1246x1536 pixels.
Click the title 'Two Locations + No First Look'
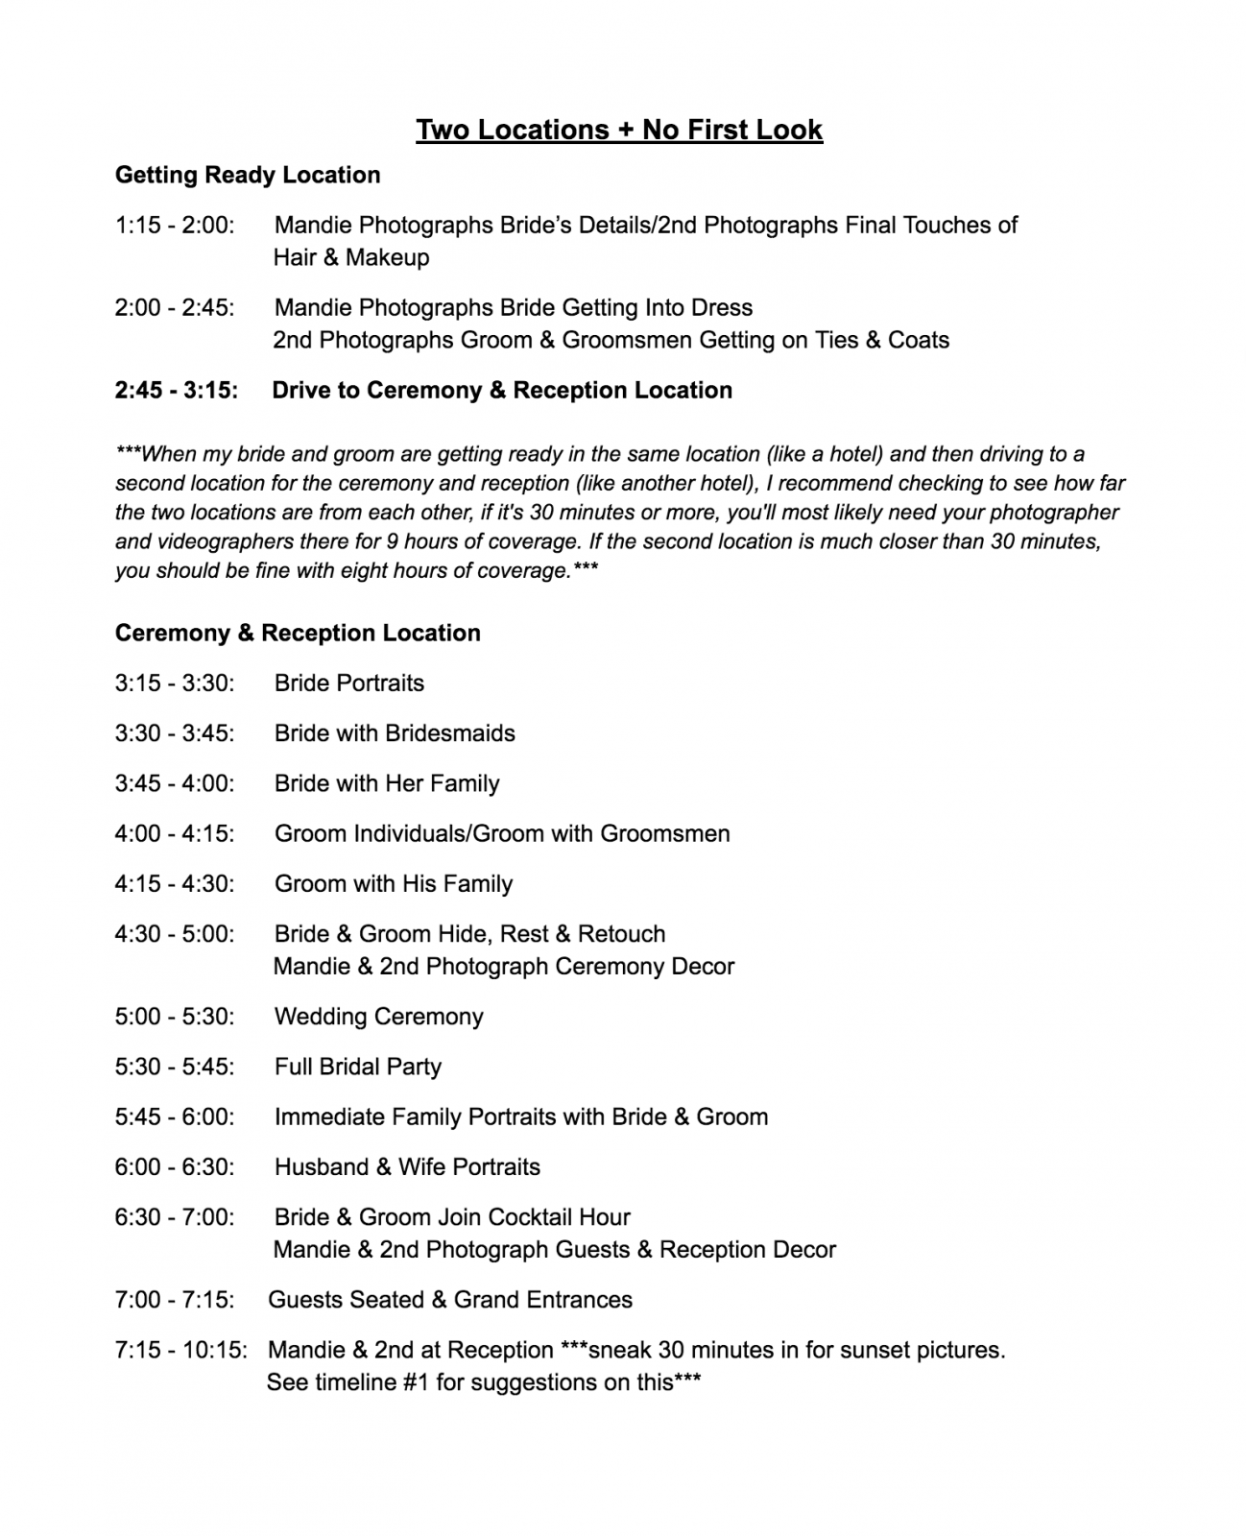click(x=619, y=130)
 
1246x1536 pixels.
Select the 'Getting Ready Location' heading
click(x=248, y=175)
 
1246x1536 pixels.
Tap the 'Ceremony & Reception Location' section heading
click(x=298, y=633)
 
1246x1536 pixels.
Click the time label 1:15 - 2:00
click(x=175, y=226)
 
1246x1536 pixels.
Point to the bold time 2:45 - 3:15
click(x=177, y=391)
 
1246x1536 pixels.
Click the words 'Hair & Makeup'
click(x=351, y=257)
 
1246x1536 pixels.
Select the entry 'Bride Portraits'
click(x=349, y=684)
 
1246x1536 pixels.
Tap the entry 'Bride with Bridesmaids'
click(x=395, y=733)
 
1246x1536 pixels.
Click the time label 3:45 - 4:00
click(x=175, y=783)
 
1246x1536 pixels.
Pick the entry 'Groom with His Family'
click(x=394, y=884)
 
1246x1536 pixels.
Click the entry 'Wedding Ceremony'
click(x=379, y=1017)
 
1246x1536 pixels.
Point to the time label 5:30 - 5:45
click(x=175, y=1067)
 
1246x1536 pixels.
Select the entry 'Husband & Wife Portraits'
click(x=407, y=1167)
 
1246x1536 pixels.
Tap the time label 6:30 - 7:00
click(x=175, y=1217)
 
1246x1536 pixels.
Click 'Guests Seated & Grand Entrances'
click(x=450, y=1300)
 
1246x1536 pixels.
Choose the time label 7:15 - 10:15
click(x=180, y=1351)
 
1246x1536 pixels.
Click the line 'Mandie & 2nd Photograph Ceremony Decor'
click(x=504, y=967)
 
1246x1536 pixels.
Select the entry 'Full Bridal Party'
click(x=358, y=1067)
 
